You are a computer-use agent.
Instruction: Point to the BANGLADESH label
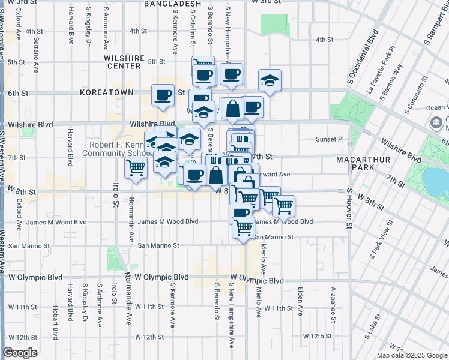click(172, 4)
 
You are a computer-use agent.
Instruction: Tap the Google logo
click(20, 353)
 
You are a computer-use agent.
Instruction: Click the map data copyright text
click(412, 355)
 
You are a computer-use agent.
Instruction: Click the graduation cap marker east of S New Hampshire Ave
click(270, 80)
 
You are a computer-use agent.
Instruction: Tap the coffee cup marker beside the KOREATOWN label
click(162, 95)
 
